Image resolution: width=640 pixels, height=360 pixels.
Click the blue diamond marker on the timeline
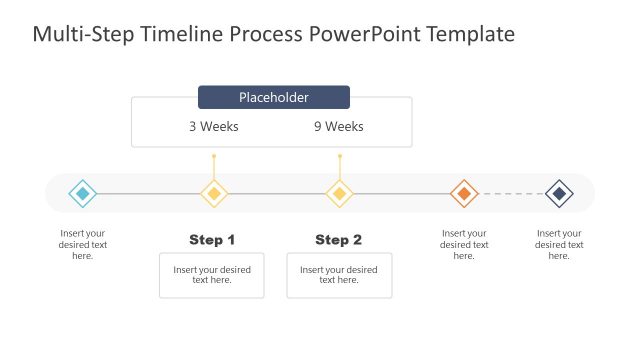83,193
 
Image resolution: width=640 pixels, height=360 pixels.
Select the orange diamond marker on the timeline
464,193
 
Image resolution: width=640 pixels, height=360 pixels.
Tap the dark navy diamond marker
559,193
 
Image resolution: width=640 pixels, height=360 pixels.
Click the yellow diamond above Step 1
213,193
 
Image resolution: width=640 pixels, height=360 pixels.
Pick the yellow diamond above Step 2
340,193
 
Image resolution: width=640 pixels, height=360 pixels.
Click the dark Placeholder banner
274,97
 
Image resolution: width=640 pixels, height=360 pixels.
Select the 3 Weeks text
214,127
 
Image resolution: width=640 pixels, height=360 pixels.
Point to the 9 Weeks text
339,127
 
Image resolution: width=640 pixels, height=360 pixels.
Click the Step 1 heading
212,240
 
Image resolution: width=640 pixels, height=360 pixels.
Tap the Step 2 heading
339,240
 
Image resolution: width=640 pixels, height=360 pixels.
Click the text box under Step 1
212,275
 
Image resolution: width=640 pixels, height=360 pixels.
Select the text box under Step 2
339,275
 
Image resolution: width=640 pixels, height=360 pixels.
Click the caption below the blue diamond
83,245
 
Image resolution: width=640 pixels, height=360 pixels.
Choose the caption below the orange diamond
464,245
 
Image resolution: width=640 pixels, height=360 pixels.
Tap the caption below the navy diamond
560,245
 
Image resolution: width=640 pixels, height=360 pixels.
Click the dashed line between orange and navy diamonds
512,193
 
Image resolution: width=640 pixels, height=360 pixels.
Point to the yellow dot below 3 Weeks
213,156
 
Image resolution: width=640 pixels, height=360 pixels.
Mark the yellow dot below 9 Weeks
340,156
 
